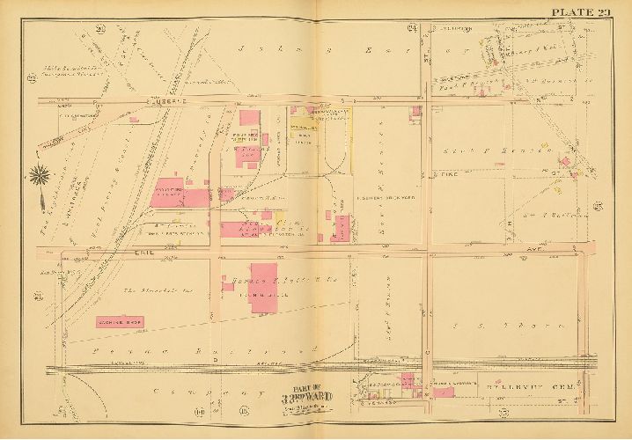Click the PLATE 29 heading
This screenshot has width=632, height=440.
tap(581, 10)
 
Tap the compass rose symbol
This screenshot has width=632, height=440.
tap(39, 176)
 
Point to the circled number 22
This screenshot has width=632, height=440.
tap(31, 80)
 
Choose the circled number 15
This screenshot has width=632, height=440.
tap(242, 412)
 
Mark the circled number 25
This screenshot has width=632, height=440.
tap(598, 208)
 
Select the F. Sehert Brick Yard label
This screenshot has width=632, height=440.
tap(385, 197)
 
